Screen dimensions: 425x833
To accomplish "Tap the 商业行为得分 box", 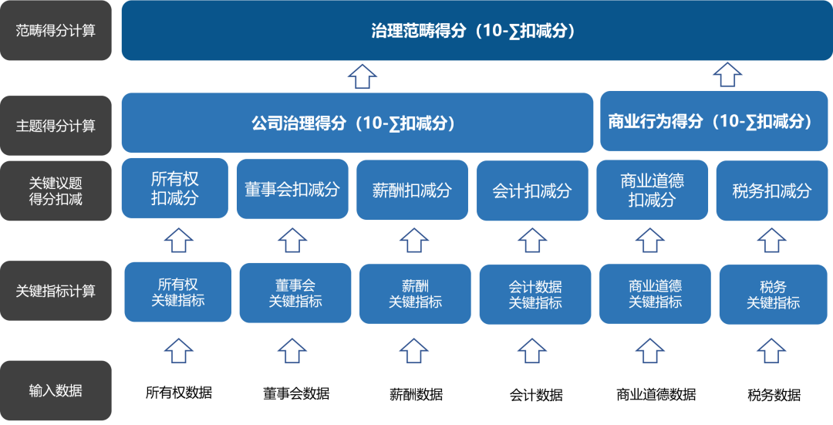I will click(710, 121).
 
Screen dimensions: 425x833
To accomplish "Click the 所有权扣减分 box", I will click(174, 188).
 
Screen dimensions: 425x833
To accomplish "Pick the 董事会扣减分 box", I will click(292, 190).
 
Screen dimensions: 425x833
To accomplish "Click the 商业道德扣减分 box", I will click(652, 190).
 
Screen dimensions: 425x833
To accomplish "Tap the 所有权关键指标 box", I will click(178, 292).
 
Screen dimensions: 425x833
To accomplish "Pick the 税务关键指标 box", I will click(773, 295).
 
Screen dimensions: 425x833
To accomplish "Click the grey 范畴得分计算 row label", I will click(56, 32).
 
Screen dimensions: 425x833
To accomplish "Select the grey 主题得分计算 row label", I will click(56, 126).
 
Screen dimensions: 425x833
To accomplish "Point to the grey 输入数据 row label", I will click(56, 390).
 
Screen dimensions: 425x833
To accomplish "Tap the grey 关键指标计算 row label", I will click(56, 292).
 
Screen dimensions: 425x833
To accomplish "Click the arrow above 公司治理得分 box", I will click(362, 76).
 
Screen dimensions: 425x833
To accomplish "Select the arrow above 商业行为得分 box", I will click(727, 75).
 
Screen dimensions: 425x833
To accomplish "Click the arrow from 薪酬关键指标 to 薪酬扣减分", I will click(414, 240).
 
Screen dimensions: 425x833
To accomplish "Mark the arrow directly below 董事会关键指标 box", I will click(292, 349).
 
